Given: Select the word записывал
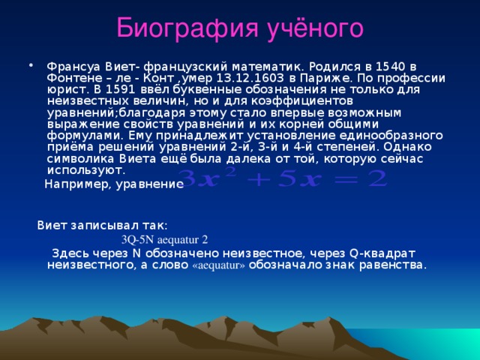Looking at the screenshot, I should pos(110,224).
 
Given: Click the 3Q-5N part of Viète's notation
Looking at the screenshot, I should pos(139,240).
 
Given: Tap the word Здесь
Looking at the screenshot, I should pos(68,253).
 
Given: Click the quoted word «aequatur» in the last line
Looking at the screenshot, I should pos(219,265).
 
